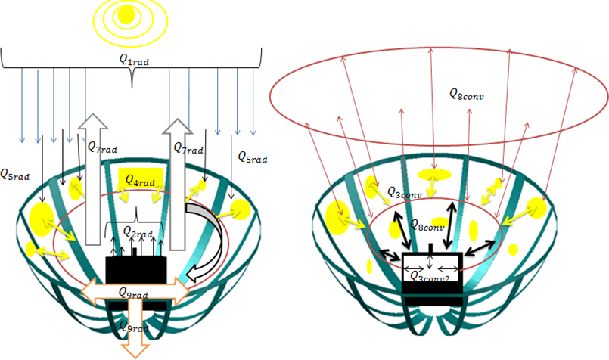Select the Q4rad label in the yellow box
(x=141, y=182)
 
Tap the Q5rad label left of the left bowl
(x=15, y=175)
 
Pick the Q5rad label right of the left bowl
(x=252, y=157)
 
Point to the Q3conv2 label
(x=433, y=278)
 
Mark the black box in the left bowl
(x=136, y=270)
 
